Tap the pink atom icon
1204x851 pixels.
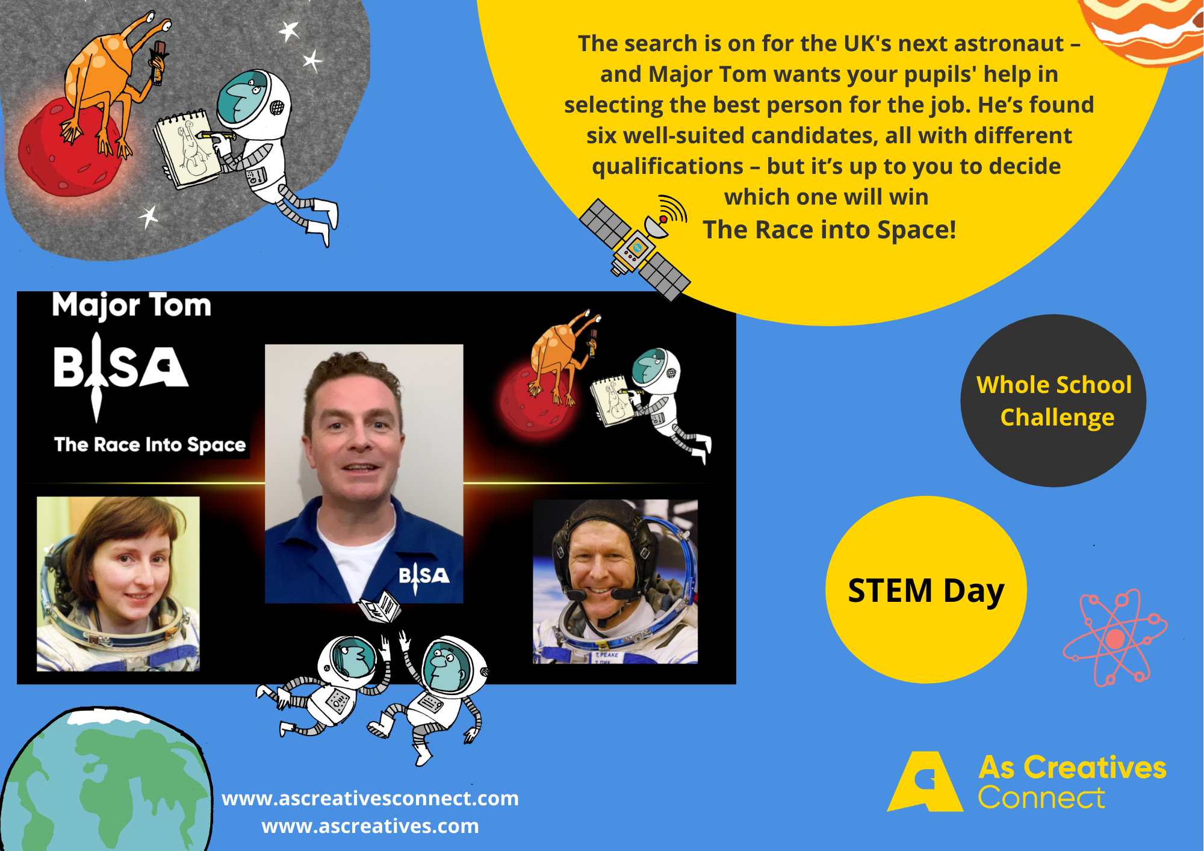(x=1115, y=638)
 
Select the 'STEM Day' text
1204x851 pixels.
(x=926, y=591)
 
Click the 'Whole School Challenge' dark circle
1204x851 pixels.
(x=1053, y=401)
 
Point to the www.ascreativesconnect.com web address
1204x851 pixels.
(x=370, y=798)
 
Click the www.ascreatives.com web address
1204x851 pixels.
(x=370, y=826)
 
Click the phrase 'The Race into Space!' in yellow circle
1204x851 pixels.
(x=830, y=229)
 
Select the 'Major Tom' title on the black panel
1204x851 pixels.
(x=132, y=306)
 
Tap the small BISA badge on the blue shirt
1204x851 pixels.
(x=424, y=576)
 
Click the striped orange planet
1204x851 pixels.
(x=1144, y=30)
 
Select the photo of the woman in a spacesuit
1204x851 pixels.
(x=118, y=584)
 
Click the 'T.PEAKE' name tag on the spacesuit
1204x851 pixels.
(x=606, y=655)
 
